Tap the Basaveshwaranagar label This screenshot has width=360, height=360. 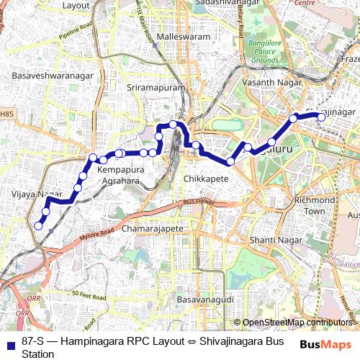(41, 73)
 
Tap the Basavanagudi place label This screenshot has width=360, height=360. (203, 297)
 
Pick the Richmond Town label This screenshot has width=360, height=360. (315, 205)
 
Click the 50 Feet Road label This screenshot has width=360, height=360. (89, 294)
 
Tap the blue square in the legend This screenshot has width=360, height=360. (9, 344)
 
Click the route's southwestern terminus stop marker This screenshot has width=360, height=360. (39, 226)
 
